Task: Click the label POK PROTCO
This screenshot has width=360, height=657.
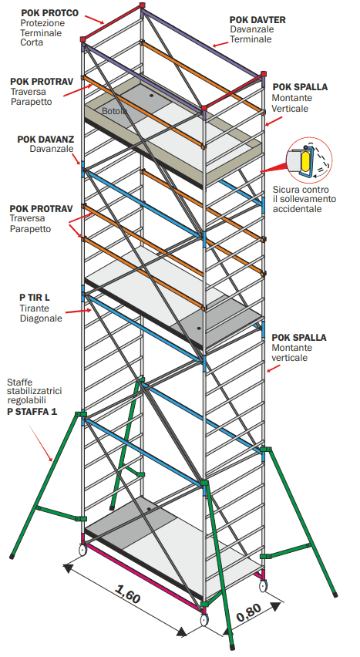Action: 49,13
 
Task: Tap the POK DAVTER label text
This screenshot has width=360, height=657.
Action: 257,20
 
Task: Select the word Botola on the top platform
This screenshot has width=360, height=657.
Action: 114,112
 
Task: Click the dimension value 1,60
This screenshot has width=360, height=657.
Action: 127,593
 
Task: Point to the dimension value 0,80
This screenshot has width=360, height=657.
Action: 249,612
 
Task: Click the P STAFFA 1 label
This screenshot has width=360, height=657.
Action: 32,412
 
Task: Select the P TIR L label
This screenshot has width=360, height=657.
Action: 35,298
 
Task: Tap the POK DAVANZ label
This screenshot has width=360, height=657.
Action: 45,139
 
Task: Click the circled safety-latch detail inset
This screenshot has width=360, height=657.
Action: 309,159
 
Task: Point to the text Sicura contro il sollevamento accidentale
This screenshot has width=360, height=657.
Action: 304,199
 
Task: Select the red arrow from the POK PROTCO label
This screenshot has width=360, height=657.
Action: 94,19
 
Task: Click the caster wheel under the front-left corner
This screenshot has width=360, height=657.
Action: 82,549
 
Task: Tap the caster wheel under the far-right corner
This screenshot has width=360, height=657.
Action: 263,585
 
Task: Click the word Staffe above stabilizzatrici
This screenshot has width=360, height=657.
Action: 20,382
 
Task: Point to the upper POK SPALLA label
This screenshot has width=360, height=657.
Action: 300,87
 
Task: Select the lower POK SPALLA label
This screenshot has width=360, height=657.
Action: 299,337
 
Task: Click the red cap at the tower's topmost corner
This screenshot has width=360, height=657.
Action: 142,5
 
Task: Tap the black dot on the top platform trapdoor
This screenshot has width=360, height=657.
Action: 151,96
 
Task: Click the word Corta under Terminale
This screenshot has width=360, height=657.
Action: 32,42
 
